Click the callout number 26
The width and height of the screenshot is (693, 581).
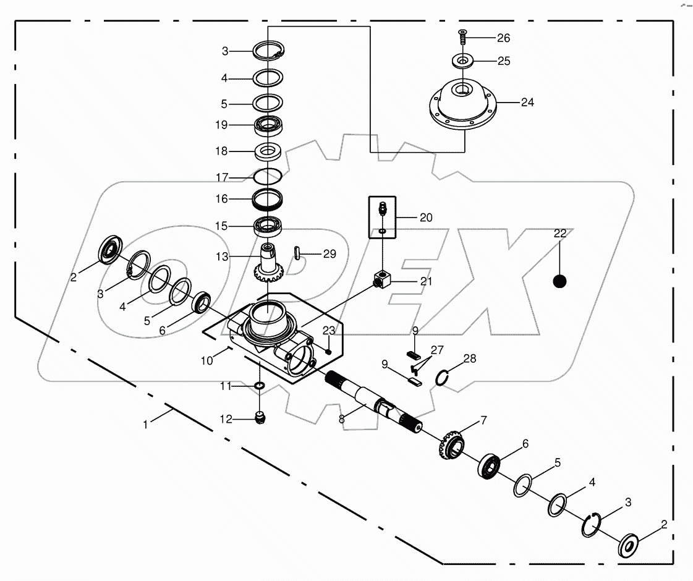coord(503,38)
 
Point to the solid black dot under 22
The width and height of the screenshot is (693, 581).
coord(559,281)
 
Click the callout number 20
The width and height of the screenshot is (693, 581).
coord(425,218)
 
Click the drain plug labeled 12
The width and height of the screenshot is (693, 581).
coord(261,418)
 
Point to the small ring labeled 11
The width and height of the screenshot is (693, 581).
coord(260,386)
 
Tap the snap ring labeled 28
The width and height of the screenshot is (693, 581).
coord(442,376)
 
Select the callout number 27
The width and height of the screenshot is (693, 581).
coord(437,349)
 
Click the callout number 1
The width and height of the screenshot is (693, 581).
coord(146,425)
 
